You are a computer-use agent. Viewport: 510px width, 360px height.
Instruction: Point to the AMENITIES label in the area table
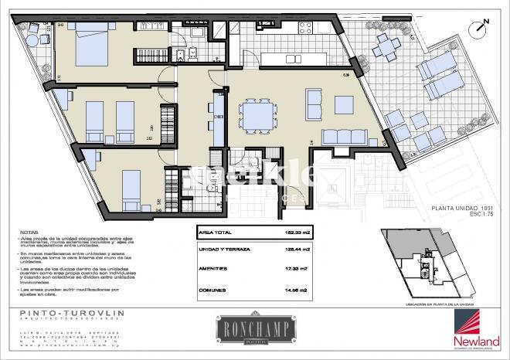click(x=212, y=268)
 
